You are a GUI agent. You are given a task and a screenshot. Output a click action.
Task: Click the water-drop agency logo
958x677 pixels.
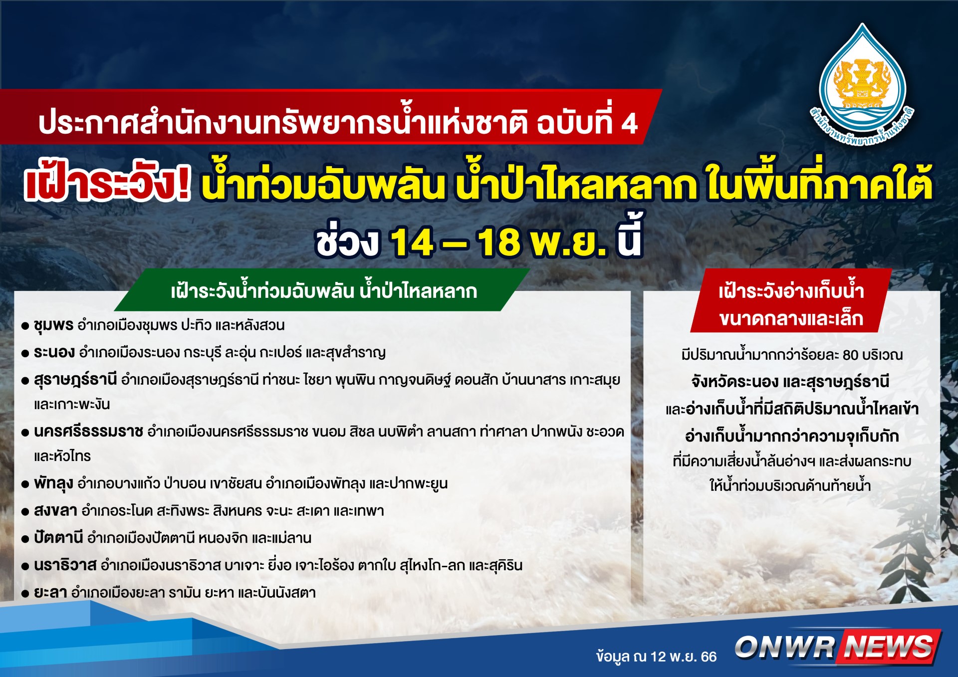click(862, 85)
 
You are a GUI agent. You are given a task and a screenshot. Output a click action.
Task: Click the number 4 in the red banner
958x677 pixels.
click(629, 124)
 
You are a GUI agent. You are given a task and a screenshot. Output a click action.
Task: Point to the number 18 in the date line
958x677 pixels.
click(499, 242)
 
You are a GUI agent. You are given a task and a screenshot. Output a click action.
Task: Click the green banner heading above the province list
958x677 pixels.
click(322, 290)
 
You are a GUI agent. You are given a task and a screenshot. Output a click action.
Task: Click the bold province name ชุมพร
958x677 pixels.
click(53, 325)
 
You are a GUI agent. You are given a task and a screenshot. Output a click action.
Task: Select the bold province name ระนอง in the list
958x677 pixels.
click(54, 352)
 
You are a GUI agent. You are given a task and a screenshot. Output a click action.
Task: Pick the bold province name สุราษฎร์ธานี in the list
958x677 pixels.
click(75, 380)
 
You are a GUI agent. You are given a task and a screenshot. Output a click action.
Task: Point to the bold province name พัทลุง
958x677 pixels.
click(53, 483)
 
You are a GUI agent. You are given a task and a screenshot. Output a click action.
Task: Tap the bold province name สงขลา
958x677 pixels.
click(55, 511)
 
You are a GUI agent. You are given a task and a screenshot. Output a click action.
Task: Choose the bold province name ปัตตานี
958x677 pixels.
click(58, 537)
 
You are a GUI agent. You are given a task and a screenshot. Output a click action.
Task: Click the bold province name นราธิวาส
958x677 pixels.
click(65, 565)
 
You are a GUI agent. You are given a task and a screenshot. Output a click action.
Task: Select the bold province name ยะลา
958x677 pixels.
click(50, 593)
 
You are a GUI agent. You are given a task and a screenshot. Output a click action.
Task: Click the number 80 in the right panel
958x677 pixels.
click(850, 355)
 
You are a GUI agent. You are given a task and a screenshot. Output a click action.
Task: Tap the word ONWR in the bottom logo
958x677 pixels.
click(785, 647)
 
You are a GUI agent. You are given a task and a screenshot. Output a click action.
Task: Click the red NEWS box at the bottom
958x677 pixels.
click(890, 647)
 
